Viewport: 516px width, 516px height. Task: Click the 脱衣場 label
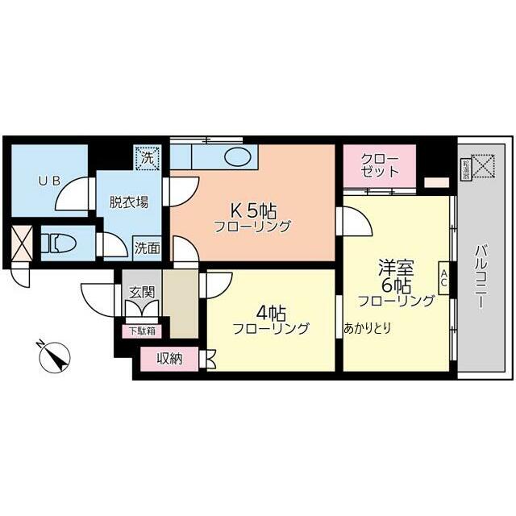(x=128, y=202)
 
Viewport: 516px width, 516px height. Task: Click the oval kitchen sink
(x=239, y=156)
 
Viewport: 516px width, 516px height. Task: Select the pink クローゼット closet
(x=379, y=164)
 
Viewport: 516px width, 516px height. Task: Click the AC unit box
(x=443, y=279)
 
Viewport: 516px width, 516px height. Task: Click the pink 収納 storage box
(x=169, y=359)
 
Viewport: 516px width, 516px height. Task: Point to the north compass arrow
(x=54, y=355)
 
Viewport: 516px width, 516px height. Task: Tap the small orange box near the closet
(x=436, y=182)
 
